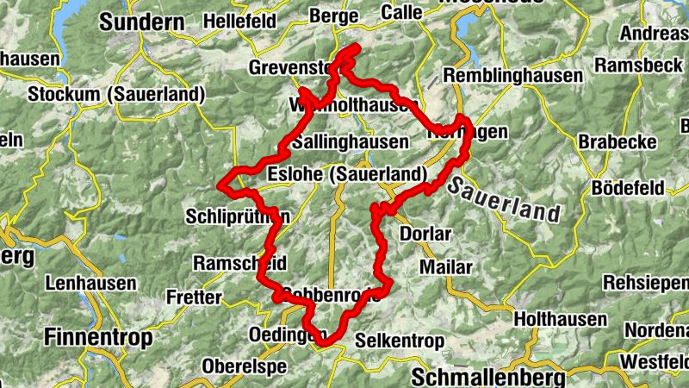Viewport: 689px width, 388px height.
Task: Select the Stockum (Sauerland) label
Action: pos(117,94)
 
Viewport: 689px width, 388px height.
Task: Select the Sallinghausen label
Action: pos(350,141)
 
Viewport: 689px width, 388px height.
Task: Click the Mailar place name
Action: pos(445,267)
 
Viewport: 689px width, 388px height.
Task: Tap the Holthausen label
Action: pos(560,319)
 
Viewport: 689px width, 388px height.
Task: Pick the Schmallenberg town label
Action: pos(487,378)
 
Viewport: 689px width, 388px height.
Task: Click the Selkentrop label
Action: pos(400,339)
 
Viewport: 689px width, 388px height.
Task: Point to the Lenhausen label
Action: pos(91,282)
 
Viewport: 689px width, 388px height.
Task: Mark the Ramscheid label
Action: pos(239,262)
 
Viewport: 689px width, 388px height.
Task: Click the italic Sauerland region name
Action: pos(504,199)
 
